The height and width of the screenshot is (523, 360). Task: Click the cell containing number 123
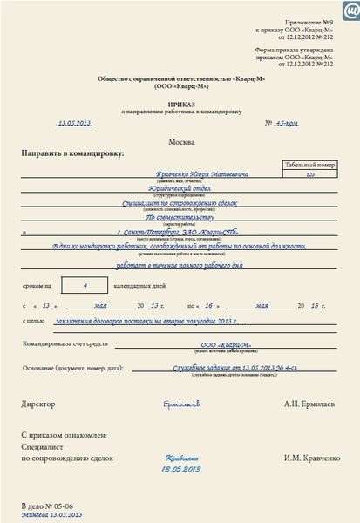[x=310, y=174]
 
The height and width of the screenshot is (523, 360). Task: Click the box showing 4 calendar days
[x=85, y=283]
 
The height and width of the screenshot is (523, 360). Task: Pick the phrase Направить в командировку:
[x=72, y=153]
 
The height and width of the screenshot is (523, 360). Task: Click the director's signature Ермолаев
[x=180, y=404]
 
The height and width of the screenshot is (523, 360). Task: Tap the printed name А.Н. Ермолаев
[x=310, y=404]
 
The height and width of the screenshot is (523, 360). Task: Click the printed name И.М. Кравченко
[x=309, y=458]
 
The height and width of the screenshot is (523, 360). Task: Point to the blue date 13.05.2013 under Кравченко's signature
[x=181, y=468]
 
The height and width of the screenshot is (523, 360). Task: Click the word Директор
[x=38, y=404]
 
